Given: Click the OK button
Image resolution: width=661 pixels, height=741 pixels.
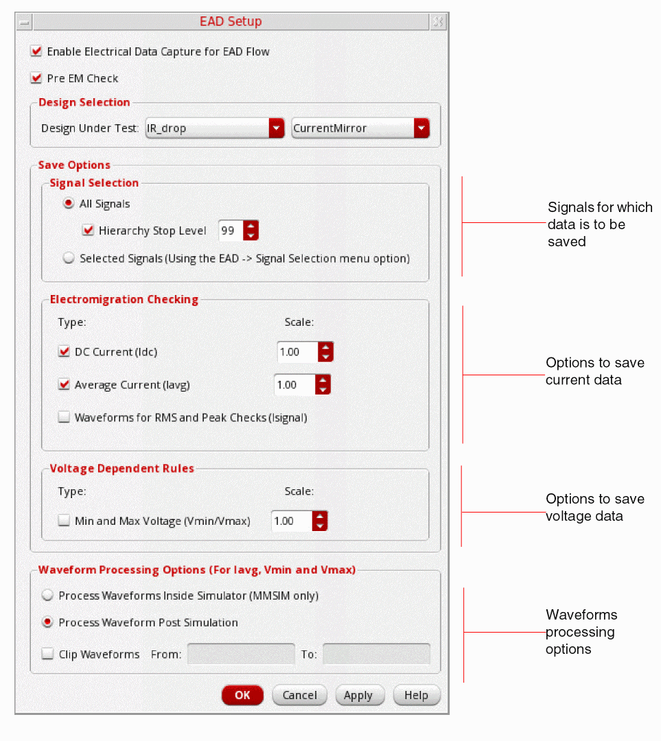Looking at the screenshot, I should [242, 695].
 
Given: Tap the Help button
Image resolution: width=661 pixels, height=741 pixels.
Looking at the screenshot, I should [417, 695].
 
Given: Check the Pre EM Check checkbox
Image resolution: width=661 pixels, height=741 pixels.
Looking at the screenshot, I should [36, 78].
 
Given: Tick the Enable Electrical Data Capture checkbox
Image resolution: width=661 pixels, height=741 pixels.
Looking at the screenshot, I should [36, 51].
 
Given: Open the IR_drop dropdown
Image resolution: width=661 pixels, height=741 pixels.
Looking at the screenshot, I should [215, 128].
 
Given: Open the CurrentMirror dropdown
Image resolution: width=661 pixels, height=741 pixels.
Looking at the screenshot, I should [360, 128].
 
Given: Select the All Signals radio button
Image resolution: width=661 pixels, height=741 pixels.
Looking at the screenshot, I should [69, 204].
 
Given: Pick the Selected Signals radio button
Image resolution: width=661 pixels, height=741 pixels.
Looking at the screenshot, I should [69, 259].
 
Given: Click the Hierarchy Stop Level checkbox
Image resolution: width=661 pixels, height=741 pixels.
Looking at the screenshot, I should [88, 231].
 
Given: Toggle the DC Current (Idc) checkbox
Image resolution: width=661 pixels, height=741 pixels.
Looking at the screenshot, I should [65, 352].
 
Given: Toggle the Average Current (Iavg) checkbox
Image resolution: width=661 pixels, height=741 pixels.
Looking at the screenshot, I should [65, 385].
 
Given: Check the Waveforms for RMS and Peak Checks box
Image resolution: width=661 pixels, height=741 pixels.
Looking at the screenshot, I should [65, 417].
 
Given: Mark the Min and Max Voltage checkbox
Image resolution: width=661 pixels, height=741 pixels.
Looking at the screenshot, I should [65, 521].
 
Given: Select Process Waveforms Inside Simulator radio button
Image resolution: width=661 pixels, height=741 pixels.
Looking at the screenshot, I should [48, 596].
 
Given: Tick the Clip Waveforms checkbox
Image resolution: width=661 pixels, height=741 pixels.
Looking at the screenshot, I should [48, 655].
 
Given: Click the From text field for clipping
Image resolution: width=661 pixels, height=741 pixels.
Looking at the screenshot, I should [240, 655].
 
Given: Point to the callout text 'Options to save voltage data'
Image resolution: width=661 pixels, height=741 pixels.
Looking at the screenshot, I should [594, 508].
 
